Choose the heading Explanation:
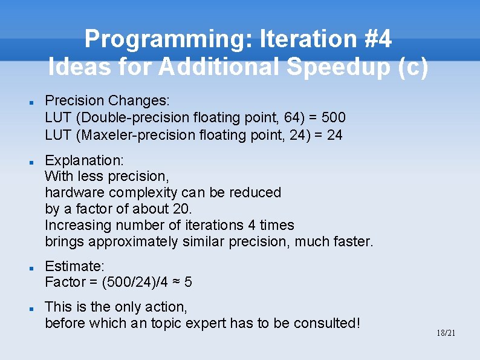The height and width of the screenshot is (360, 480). (x=84, y=160)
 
